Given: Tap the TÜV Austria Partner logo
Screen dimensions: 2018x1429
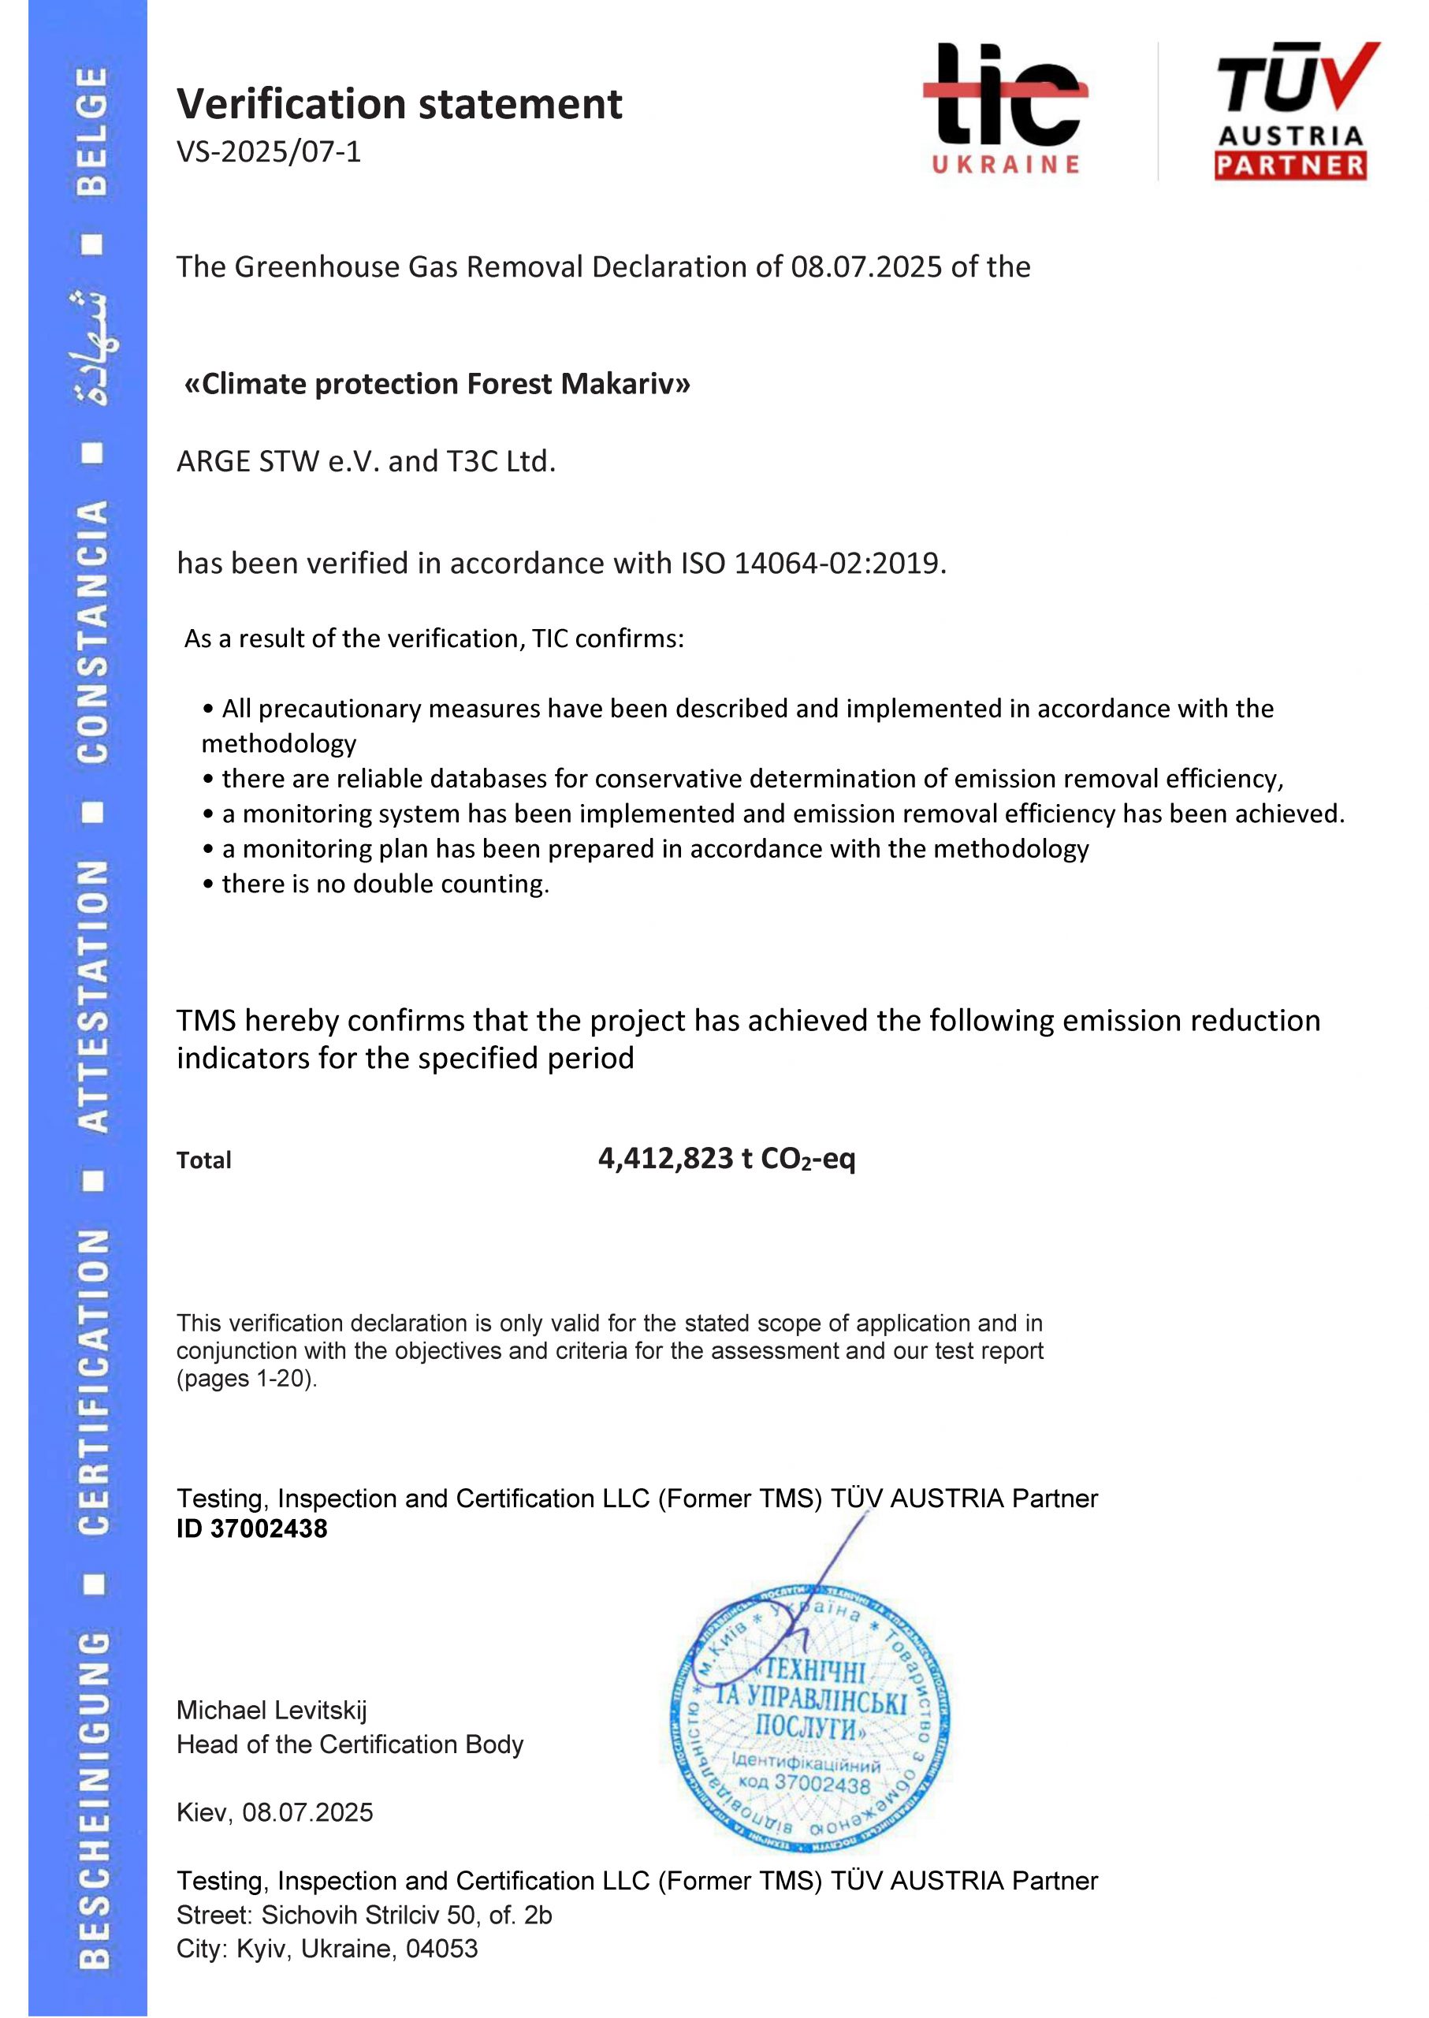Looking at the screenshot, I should (1292, 112).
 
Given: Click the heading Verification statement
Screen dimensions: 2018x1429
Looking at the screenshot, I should (399, 104).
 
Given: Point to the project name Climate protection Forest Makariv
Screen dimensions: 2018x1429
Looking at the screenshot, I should (437, 384).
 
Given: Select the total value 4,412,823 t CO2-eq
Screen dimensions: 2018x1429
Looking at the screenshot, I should (726, 1158).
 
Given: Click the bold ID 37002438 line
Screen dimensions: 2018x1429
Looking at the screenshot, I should (251, 1528).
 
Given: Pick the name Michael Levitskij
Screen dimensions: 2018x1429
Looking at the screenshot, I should (271, 1710).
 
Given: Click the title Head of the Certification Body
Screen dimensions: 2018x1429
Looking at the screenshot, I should (349, 1744).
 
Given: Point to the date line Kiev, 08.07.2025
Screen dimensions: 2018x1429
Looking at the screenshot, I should (274, 1812).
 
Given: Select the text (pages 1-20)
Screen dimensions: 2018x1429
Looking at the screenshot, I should (247, 1378).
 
